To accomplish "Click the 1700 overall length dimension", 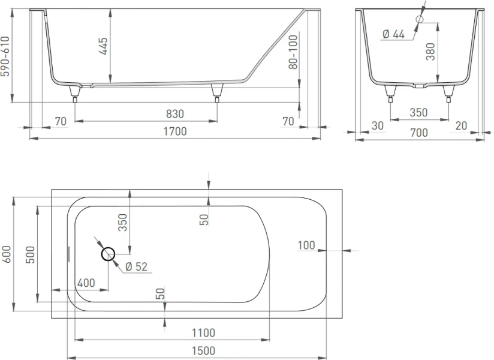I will click(174, 131).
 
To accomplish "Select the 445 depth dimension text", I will click(103, 47).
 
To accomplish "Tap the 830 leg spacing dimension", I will click(175, 114).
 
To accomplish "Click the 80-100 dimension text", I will click(293, 52).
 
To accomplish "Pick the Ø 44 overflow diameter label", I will click(393, 34).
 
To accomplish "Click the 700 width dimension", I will click(420, 133).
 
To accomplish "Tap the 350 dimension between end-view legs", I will click(418, 112).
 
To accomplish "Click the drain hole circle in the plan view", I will click(109, 254).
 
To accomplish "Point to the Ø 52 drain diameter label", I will click(137, 266).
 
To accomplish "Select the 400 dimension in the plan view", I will click(85, 282).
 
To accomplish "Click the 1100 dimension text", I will click(204, 332).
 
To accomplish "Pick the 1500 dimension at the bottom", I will click(204, 351).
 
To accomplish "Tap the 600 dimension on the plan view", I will click(7, 254).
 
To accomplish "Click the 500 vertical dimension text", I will click(31, 254).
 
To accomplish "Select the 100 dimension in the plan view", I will click(306, 245).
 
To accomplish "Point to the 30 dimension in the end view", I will click(377, 125).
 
